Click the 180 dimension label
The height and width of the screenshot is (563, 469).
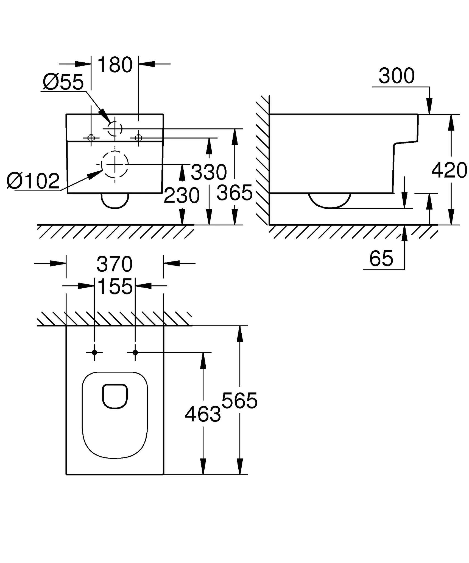[x=115, y=65]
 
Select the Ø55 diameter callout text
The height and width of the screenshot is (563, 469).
[x=63, y=82]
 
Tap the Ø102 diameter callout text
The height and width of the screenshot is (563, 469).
[x=33, y=181]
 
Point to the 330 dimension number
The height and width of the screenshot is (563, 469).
[x=209, y=172]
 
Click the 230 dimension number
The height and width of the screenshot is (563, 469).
[x=182, y=195]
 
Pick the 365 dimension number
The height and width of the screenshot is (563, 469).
[x=234, y=193]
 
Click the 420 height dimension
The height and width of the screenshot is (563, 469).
[x=449, y=170]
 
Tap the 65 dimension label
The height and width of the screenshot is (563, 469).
[x=381, y=259]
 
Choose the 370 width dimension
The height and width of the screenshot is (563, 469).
[x=115, y=264]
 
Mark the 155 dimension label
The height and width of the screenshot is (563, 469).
[x=115, y=286]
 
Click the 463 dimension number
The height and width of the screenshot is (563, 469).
[x=203, y=414]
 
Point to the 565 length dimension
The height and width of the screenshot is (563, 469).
[x=239, y=401]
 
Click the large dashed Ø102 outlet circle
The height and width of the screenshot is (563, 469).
[x=115, y=164]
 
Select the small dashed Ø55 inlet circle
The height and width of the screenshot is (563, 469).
[x=115, y=128]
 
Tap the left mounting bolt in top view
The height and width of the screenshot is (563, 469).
[x=94, y=352]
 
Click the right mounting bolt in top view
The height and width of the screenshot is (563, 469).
[x=135, y=352]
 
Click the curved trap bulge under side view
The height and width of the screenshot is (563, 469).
[x=330, y=201]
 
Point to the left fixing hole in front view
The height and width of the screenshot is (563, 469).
[x=91, y=138]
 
